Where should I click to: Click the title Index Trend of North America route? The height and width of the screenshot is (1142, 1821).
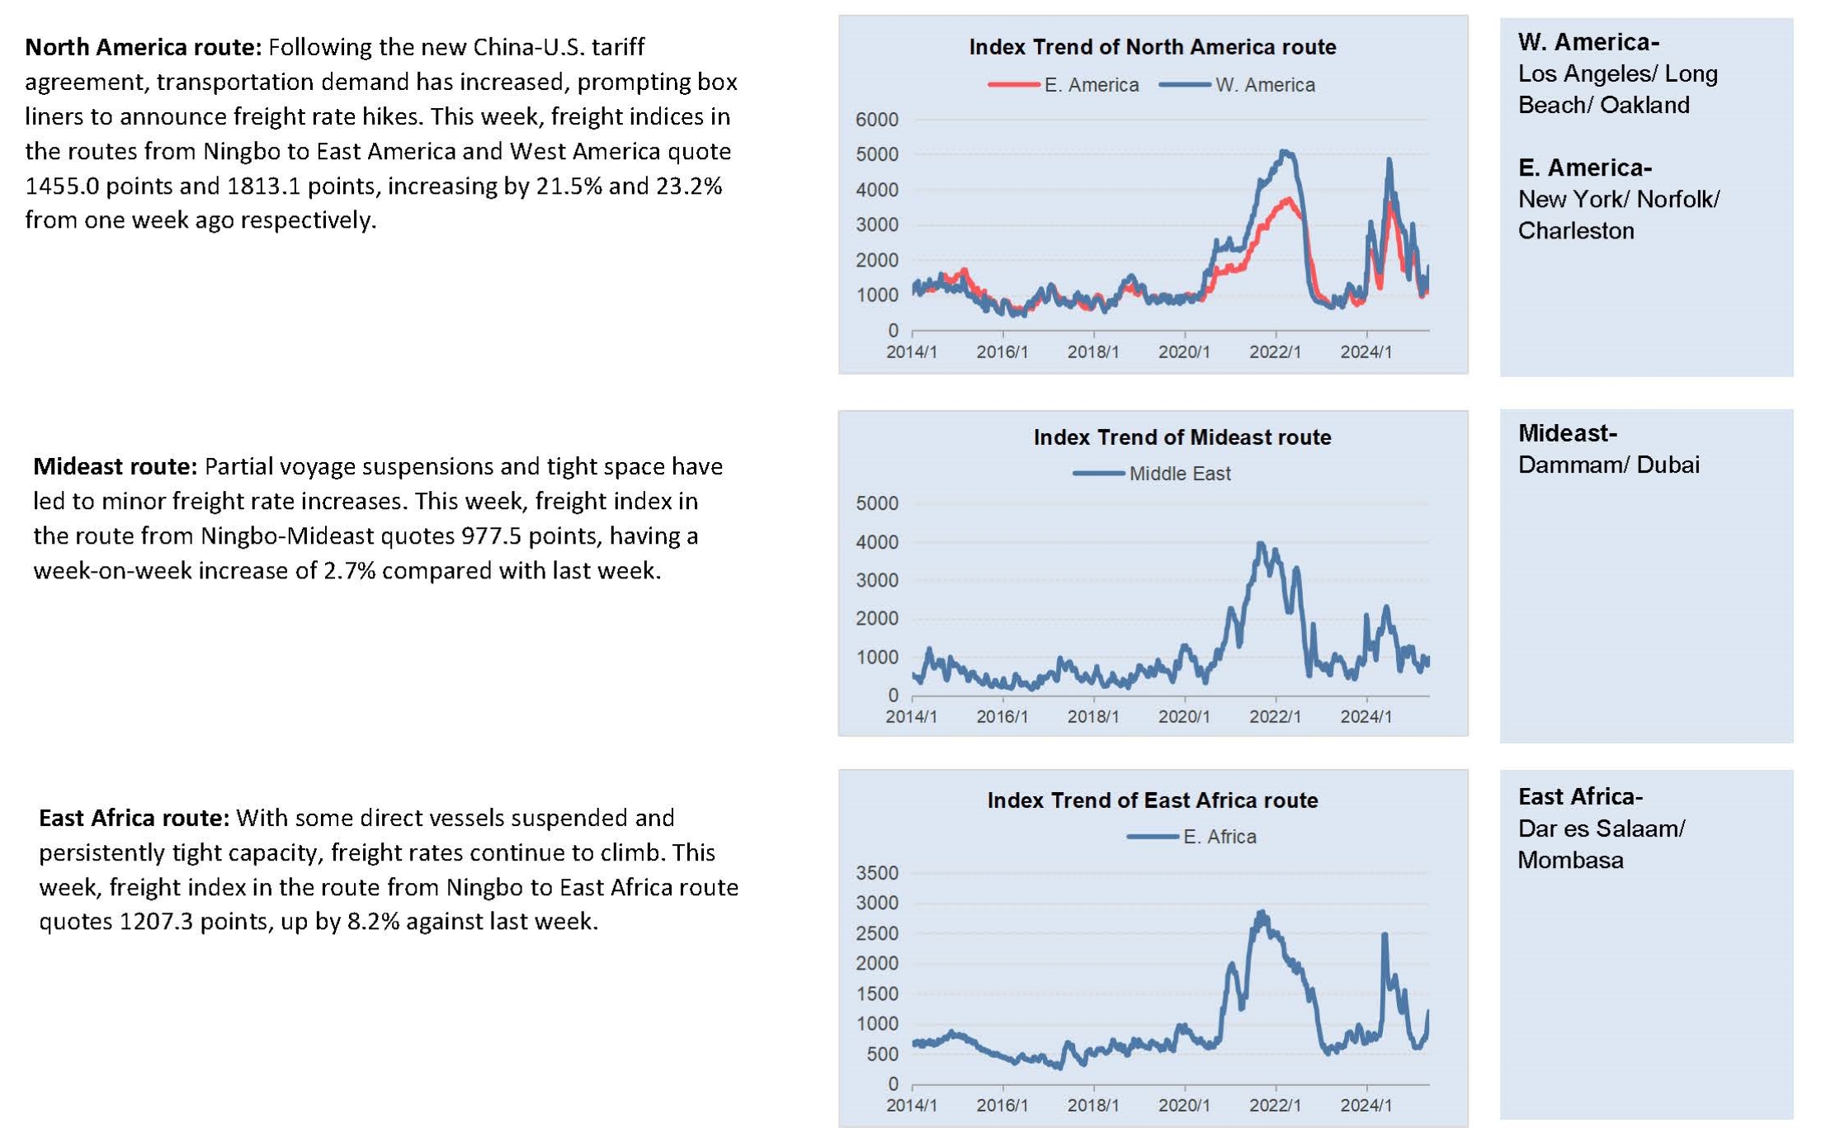[x=1152, y=47]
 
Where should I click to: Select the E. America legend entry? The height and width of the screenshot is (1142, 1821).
[x=1063, y=85]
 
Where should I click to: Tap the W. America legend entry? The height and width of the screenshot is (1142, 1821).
[x=1237, y=85]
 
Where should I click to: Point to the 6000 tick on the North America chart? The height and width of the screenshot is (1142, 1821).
[x=877, y=120]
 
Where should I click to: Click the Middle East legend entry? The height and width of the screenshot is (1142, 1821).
[x=1151, y=474]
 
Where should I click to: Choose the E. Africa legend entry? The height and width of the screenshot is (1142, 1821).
[x=1191, y=837]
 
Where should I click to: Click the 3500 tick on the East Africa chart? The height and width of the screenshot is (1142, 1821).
[x=877, y=873]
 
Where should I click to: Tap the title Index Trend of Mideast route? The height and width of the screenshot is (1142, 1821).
[x=1182, y=437]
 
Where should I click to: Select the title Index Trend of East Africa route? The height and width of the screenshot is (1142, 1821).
[x=1152, y=800]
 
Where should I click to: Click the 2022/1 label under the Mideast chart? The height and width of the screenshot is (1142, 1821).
[x=1275, y=716]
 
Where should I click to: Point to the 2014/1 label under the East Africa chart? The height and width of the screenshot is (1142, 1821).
[x=912, y=1105]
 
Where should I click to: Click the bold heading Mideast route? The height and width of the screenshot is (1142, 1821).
[x=115, y=467]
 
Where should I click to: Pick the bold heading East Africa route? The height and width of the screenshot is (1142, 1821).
[x=134, y=819]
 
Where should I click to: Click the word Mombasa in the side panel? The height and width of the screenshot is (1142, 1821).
[x=1570, y=861]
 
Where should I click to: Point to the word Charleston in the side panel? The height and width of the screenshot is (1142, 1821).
[x=1576, y=231]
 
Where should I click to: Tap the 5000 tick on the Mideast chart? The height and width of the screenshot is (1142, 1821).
[x=877, y=503]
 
